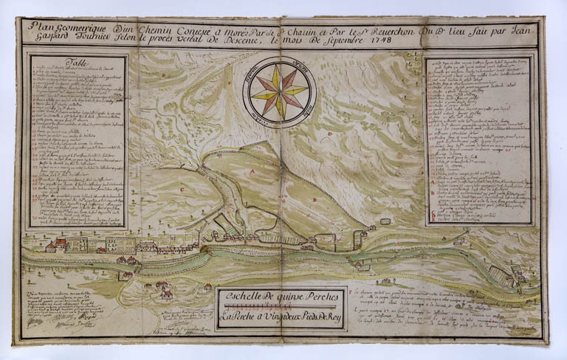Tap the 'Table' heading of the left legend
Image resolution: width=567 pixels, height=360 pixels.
point(76,63)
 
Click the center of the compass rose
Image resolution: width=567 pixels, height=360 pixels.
point(278,91)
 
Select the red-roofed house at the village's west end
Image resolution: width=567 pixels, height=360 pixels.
point(50,246)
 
